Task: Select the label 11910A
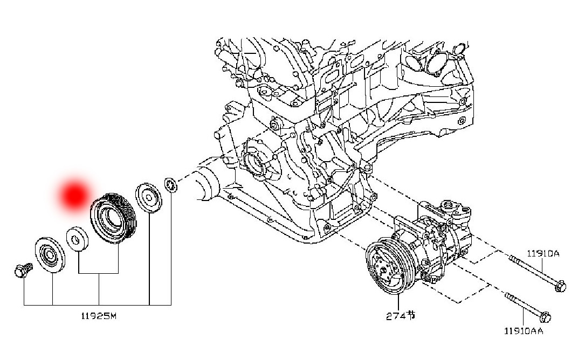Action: click(543, 253)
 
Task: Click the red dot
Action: click(74, 195)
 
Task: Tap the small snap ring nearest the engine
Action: click(170, 185)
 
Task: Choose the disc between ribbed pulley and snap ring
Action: click(148, 197)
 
